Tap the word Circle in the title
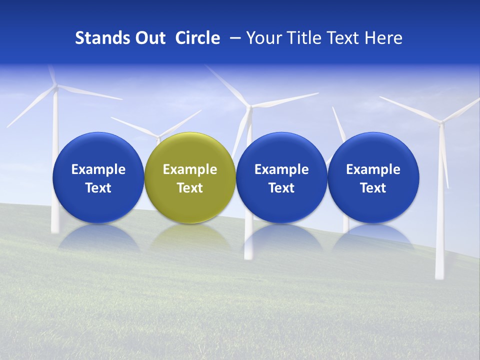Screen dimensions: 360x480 click(197, 38)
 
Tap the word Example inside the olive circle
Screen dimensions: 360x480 click(190, 169)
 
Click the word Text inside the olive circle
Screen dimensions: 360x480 click(190, 188)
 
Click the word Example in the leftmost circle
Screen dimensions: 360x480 click(98, 169)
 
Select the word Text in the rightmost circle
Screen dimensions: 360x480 click(373, 188)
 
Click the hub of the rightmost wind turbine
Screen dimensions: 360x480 click(440, 121)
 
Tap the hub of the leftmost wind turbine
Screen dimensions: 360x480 click(55, 87)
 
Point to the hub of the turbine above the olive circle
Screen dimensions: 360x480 click(159, 136)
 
